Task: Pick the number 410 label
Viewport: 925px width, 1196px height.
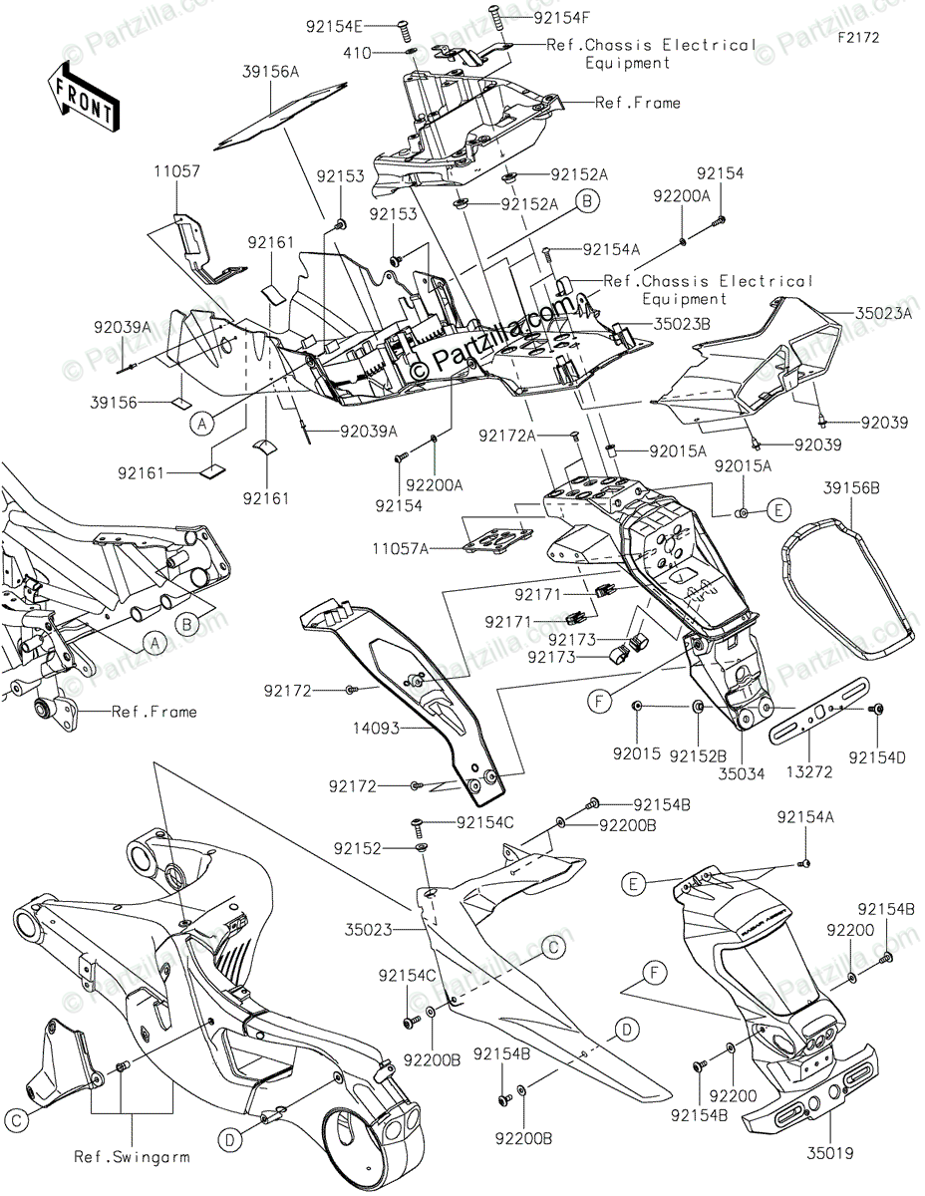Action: click(x=384, y=51)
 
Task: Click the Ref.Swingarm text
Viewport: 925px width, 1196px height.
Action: click(x=132, y=1157)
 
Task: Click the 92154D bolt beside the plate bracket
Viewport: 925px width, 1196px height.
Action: click(x=878, y=709)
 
